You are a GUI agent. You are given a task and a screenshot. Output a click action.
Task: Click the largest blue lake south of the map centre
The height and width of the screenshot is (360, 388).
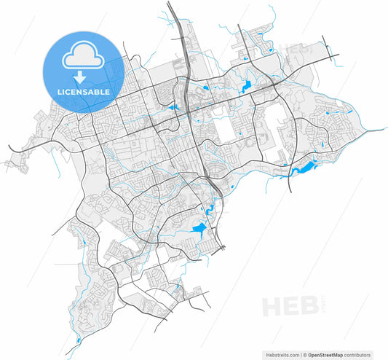click(x=198, y=232)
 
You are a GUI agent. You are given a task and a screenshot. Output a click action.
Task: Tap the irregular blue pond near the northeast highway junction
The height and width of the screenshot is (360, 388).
click(x=245, y=87)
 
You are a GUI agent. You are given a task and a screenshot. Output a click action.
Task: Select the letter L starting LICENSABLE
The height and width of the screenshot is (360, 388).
click(x=60, y=93)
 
